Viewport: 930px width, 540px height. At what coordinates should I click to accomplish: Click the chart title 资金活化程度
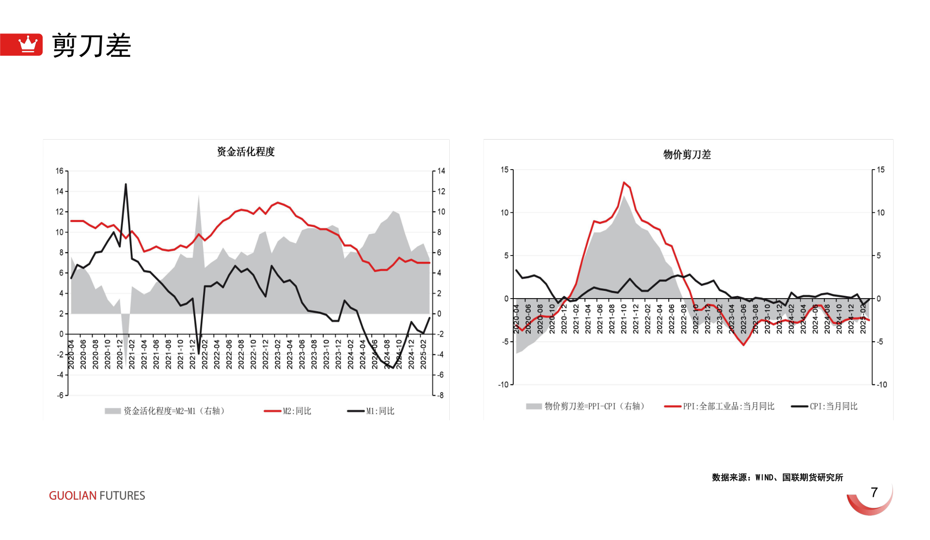point(246,152)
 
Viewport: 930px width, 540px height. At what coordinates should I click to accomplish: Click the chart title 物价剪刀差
point(687,155)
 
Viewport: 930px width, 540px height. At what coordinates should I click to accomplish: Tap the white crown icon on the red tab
point(28,44)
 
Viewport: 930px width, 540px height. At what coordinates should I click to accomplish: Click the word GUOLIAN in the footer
point(73,495)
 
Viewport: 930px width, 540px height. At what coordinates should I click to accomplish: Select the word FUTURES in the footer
point(122,495)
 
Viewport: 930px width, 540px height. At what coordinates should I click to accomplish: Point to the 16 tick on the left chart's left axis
point(60,171)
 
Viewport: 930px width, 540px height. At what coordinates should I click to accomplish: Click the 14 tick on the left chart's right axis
point(441,171)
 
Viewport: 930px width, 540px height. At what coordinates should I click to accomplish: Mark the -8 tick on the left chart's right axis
point(440,395)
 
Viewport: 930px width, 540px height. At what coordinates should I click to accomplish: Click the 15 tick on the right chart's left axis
point(504,170)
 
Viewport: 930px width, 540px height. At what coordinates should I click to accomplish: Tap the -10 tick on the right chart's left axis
point(503,384)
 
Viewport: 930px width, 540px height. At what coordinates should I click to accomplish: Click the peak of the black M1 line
point(126,184)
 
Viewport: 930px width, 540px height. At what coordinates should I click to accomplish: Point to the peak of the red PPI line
point(624,182)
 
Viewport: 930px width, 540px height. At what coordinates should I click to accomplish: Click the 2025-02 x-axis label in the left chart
point(423,354)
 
